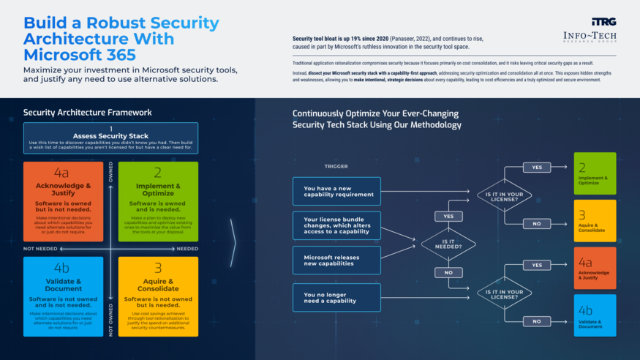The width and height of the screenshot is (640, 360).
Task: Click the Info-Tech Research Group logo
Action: [589, 31]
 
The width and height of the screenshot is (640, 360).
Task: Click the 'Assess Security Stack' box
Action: [110, 137]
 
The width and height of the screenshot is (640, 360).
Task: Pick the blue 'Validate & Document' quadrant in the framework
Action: [63, 296]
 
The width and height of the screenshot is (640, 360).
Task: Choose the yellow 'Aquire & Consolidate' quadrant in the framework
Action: [158, 296]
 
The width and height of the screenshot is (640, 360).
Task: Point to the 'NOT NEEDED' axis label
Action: [40, 249]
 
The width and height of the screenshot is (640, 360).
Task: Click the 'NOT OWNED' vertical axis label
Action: [111, 319]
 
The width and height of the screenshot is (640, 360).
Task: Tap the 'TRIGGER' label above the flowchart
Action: [336, 166]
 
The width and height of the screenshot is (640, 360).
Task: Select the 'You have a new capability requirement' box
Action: [336, 191]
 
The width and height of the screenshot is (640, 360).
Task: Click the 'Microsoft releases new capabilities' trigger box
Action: [336, 260]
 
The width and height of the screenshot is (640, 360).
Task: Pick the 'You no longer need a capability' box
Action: [336, 297]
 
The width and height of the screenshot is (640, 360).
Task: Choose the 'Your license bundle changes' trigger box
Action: [336, 225]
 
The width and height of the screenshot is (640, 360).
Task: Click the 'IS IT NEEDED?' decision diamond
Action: [448, 244]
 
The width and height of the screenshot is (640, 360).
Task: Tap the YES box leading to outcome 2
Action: [536, 168]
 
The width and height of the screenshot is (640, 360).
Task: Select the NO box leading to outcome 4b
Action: [536, 320]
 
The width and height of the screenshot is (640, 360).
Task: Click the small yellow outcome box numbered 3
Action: [595, 220]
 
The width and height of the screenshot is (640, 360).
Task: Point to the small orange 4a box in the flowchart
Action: [595, 268]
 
